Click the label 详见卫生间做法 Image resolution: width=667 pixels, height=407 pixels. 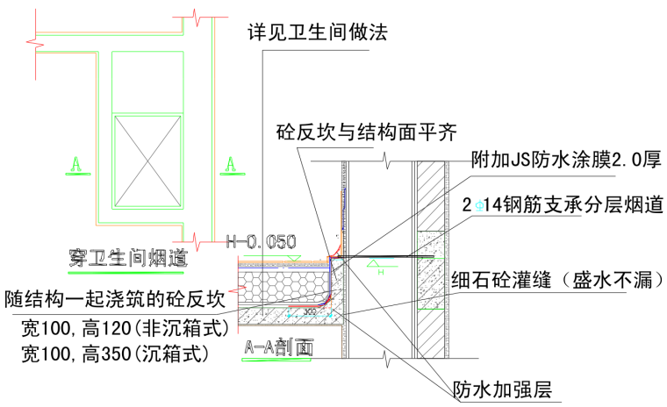pos(318,32)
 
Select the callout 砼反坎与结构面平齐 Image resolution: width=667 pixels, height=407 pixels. pos(366,132)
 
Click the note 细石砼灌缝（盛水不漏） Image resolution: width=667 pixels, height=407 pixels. pos(555,281)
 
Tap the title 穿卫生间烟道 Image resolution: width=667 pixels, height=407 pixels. pos(128,257)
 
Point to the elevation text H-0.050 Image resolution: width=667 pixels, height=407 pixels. pos(262,241)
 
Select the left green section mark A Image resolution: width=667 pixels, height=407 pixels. pos(76,163)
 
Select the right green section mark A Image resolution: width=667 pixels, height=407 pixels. pos(231,163)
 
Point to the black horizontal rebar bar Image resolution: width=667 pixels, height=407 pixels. pos(395,258)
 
